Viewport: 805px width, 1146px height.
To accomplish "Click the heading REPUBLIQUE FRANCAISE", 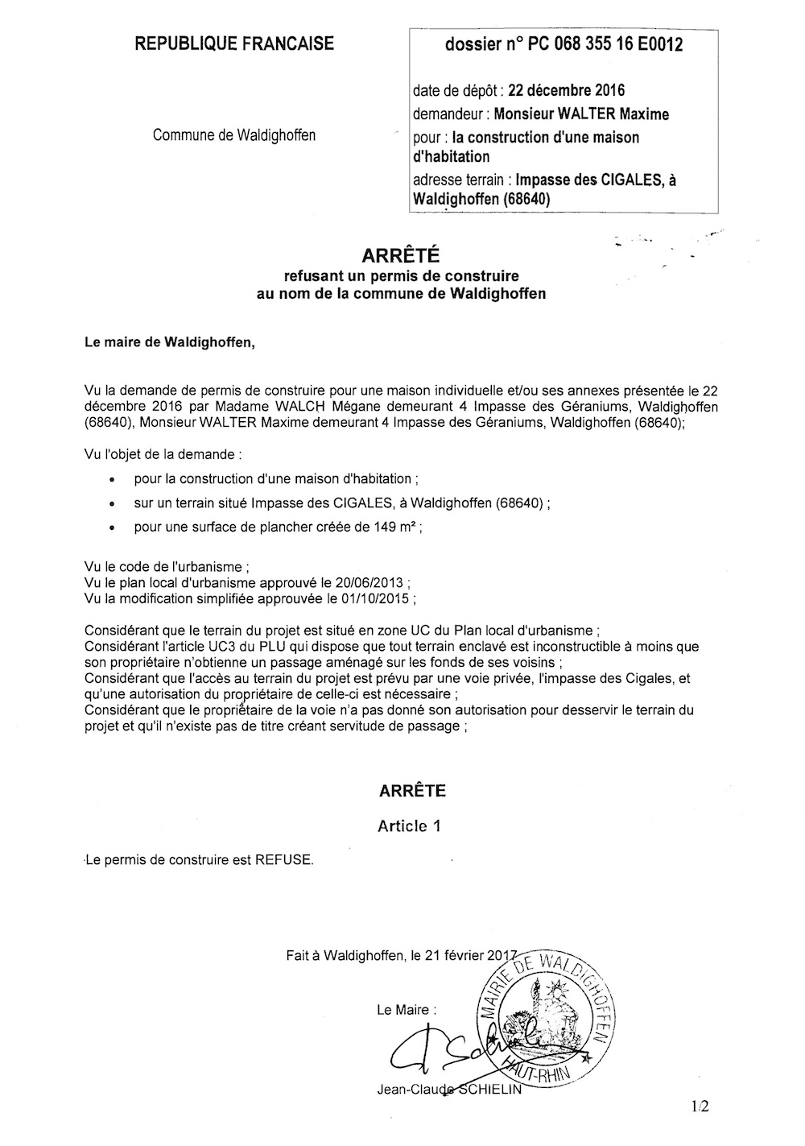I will coord(234,44).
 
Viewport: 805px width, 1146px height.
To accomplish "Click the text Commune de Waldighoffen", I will coord(234,135).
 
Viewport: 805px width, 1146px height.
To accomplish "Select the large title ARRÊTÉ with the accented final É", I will coord(400,256).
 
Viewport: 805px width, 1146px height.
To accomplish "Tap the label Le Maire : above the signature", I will coord(408,1010).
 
